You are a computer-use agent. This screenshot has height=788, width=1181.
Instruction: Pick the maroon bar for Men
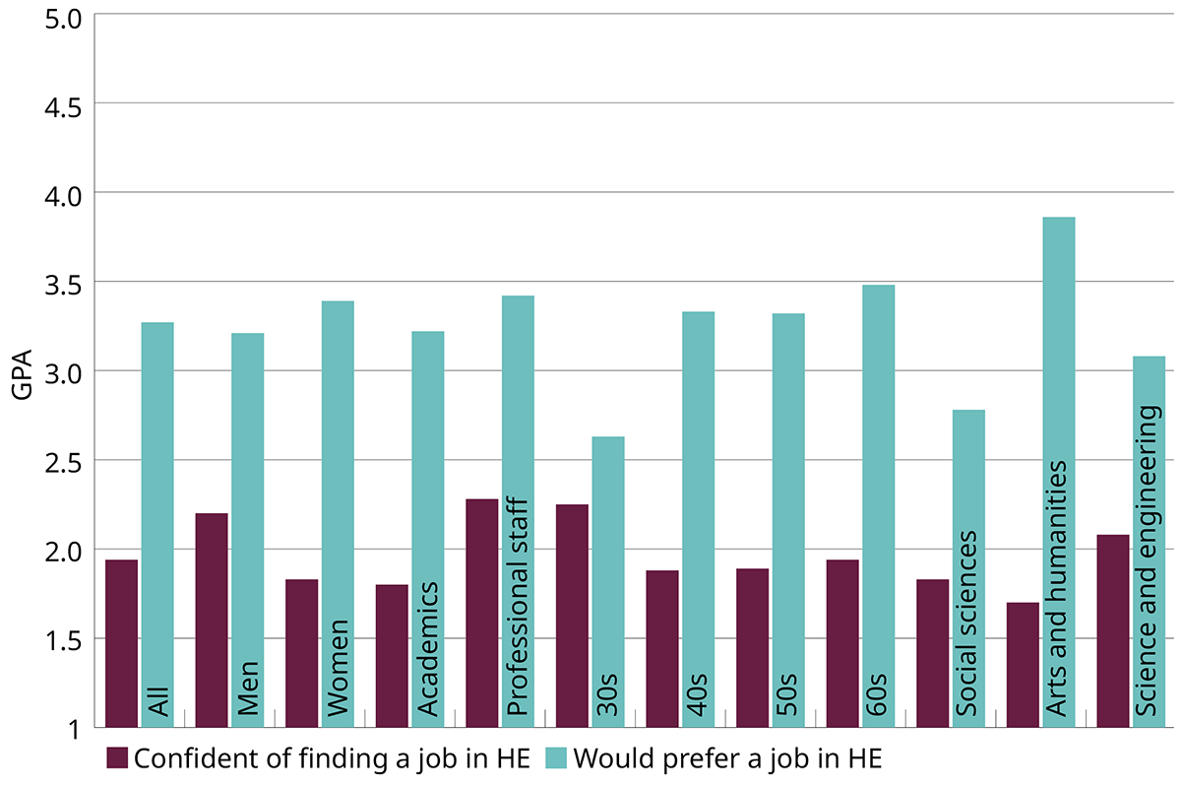coord(212,620)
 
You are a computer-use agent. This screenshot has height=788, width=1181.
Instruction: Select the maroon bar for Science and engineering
coord(1113,630)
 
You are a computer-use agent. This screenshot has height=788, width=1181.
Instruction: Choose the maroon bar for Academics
coord(392,656)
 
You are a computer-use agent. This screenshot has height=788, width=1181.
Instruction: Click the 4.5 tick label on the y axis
coord(58,103)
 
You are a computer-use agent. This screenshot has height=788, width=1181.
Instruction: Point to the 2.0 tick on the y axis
coord(58,550)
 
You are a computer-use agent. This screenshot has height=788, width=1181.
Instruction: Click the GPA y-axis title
coord(21,371)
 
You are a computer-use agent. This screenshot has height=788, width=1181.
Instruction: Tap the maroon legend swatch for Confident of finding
coord(117,757)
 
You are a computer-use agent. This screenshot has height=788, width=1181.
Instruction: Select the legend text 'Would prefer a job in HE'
coord(728,758)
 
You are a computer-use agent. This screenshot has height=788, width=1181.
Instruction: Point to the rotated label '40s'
coord(698,694)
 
